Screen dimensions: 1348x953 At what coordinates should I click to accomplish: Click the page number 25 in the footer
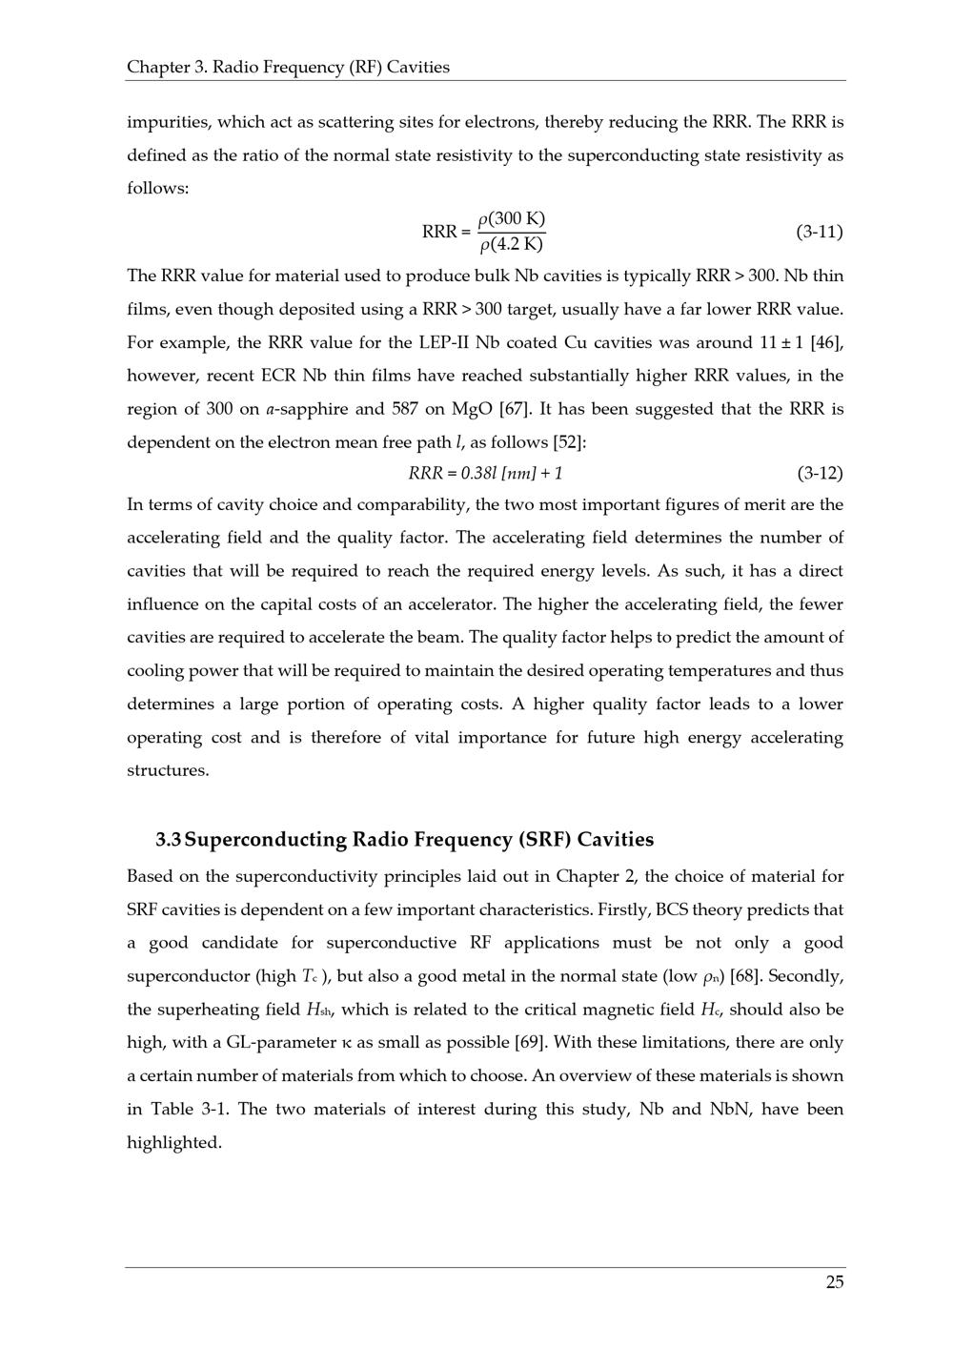point(834,1282)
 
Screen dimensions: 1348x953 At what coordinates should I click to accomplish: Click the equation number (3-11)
point(819,232)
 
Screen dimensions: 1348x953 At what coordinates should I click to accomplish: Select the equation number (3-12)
point(819,473)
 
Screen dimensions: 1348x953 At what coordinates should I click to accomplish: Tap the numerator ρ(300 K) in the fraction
point(512,219)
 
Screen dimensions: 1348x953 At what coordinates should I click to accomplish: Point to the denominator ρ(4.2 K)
point(512,245)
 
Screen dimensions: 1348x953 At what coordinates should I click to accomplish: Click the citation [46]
point(826,342)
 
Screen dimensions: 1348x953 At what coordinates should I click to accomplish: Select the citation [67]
point(515,409)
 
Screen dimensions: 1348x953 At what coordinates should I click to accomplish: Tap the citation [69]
point(532,1043)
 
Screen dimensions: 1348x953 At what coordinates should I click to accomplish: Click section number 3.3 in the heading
point(169,840)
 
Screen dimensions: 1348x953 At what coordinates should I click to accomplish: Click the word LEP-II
point(443,342)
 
